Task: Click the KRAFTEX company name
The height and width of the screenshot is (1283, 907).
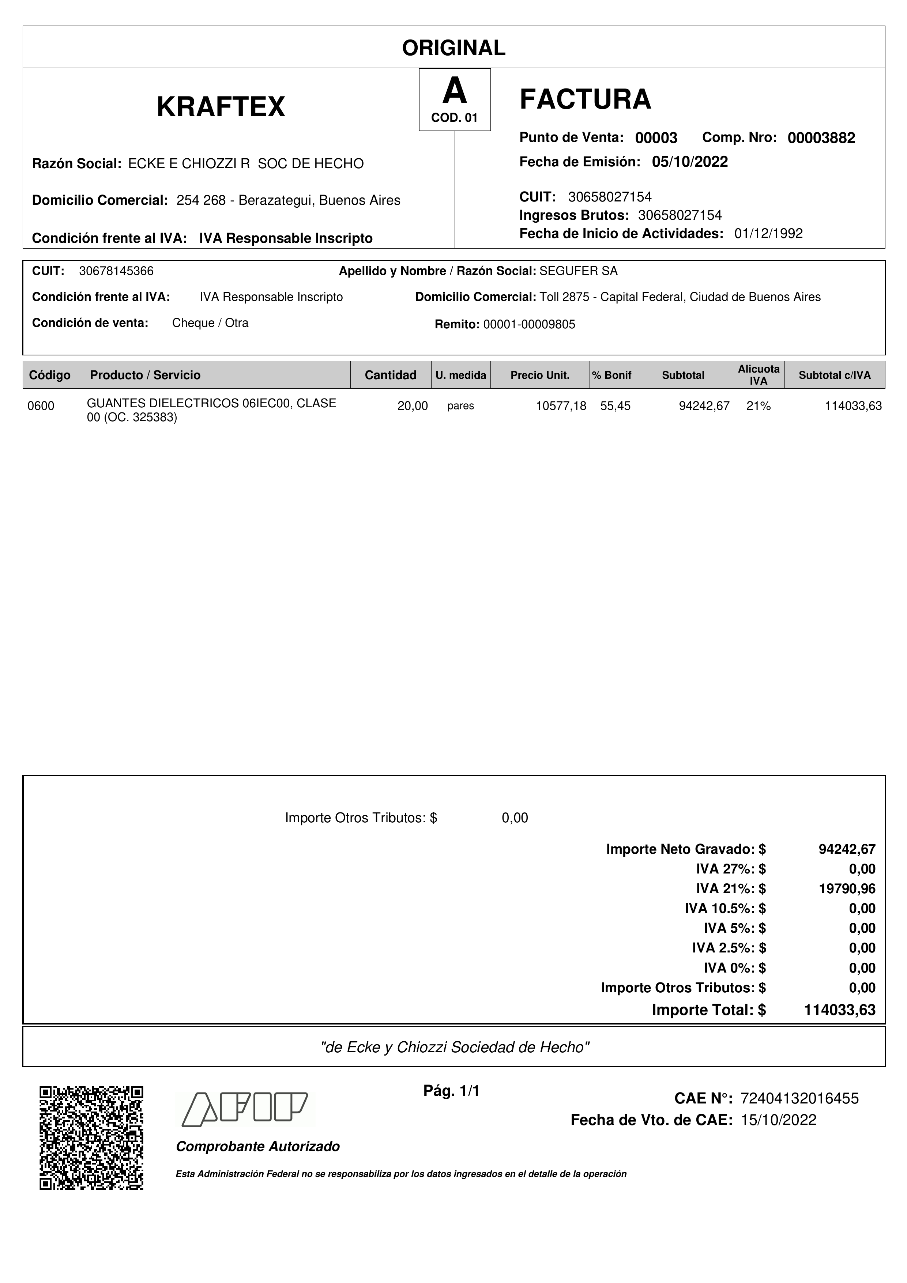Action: pyautogui.click(x=221, y=107)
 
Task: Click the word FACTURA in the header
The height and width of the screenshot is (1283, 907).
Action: pyautogui.click(x=585, y=99)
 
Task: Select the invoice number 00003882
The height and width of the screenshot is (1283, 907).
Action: pyautogui.click(x=821, y=138)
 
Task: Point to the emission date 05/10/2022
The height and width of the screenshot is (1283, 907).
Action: pyautogui.click(x=690, y=162)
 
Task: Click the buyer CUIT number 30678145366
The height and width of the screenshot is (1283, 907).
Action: pyautogui.click(x=116, y=271)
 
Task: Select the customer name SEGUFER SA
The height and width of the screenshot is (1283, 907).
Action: pyautogui.click(x=579, y=271)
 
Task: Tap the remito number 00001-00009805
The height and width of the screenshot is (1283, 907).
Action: pyautogui.click(x=529, y=325)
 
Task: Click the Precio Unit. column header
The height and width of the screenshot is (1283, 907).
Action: pyautogui.click(x=540, y=375)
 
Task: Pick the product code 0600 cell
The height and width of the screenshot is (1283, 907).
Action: pyautogui.click(x=41, y=406)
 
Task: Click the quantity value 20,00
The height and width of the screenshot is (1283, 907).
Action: pyautogui.click(x=413, y=406)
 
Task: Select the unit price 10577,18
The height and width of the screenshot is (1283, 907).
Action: pyautogui.click(x=561, y=406)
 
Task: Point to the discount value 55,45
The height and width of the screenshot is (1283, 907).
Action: pyautogui.click(x=615, y=406)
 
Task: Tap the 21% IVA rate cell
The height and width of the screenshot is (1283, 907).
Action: pyautogui.click(x=759, y=406)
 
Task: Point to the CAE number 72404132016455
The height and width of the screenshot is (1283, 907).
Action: pyautogui.click(x=799, y=1099)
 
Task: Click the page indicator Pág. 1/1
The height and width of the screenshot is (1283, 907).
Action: pyautogui.click(x=452, y=1090)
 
